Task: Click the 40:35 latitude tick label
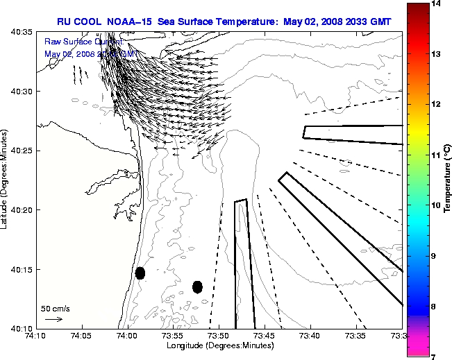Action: pos(22,32)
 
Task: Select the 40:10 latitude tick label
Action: pos(22,328)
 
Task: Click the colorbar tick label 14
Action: pos(437,4)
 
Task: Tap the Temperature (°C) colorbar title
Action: pos(448,180)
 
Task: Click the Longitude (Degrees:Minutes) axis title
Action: pos(219,345)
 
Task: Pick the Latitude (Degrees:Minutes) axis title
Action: pos(6,180)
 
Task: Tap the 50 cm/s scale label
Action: pos(55,309)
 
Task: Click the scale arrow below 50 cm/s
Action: pos(53,319)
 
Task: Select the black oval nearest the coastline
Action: pos(140,273)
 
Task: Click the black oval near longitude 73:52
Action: pos(197,286)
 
